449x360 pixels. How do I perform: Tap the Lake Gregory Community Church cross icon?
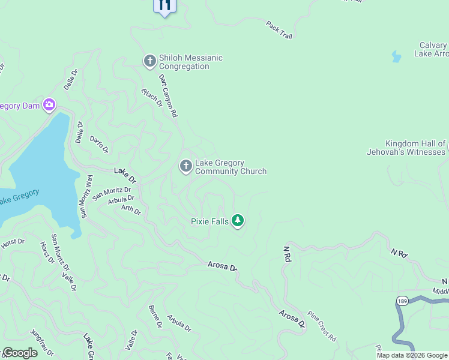186,166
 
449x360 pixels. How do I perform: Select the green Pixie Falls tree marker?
238,221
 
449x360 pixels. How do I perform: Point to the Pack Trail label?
279,29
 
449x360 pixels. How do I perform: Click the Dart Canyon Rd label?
169,95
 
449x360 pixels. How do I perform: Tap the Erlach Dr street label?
152,97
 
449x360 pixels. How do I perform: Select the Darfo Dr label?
99,143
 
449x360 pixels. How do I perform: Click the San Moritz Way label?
86,196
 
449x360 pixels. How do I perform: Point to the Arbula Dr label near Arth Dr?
121,199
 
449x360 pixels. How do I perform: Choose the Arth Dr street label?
131,210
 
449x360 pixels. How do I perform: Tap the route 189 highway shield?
402,300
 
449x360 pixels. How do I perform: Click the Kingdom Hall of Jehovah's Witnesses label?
408,148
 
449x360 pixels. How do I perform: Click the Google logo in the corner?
20,353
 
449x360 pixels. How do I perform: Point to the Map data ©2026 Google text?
412,355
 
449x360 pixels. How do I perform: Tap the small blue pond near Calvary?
396,57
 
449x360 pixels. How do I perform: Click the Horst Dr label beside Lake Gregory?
13,242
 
